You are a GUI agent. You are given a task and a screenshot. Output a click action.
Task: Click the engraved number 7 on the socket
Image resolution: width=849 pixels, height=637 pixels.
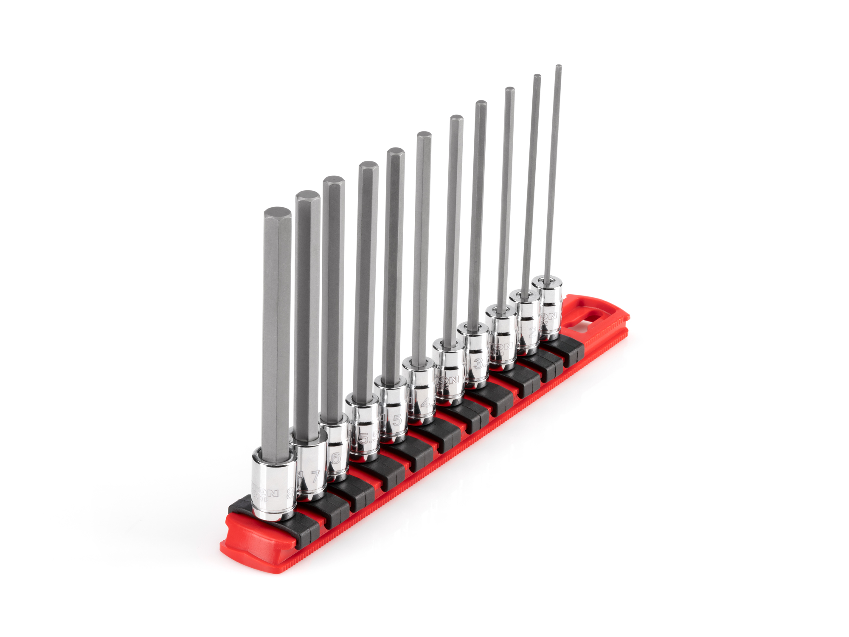pyautogui.click(x=315, y=476)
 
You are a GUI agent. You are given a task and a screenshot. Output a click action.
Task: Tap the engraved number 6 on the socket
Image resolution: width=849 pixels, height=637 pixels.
pyautogui.click(x=336, y=458)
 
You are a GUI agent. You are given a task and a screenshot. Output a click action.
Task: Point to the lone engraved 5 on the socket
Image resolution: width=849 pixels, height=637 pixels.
pyautogui.click(x=397, y=420)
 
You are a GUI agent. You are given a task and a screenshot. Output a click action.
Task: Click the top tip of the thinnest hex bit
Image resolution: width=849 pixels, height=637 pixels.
pyautogui.click(x=559, y=67)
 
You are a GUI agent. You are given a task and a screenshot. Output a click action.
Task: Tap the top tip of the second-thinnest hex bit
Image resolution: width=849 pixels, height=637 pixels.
pyautogui.click(x=537, y=77)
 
